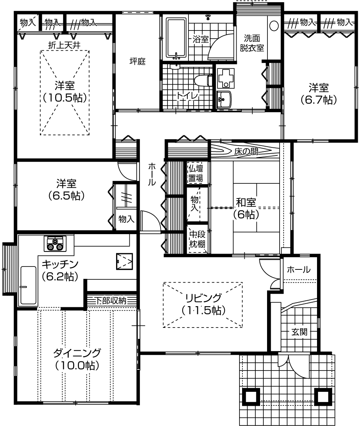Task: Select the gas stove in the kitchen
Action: (55, 243)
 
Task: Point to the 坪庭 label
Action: (137, 61)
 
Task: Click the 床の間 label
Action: (246, 151)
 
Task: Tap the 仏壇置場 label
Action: (196, 173)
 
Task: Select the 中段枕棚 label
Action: (197, 239)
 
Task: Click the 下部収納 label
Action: (111, 301)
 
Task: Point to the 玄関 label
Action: (299, 332)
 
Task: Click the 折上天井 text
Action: (64, 45)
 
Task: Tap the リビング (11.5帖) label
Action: (204, 304)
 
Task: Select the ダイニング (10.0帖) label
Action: (77, 359)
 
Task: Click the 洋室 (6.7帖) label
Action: (319, 94)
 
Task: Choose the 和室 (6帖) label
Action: (246, 208)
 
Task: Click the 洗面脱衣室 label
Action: (252, 43)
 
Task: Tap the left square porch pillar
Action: (251, 396)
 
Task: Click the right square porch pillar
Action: (323, 396)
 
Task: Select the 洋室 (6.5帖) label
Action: (66, 190)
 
